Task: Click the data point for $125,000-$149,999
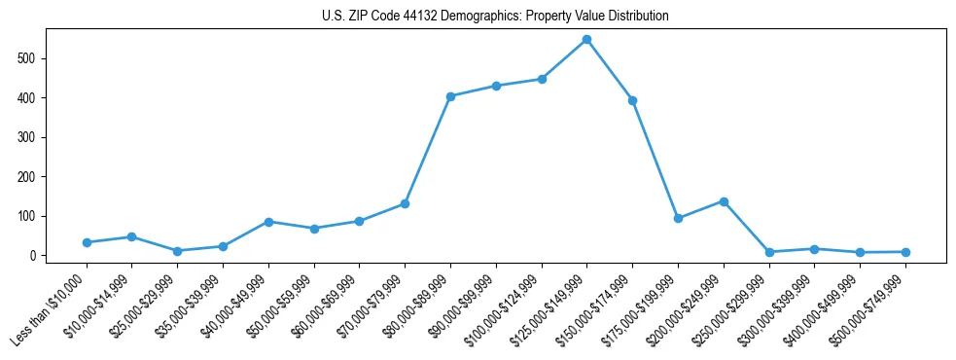(x=587, y=40)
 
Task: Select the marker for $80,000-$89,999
(x=450, y=96)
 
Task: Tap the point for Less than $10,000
(x=87, y=242)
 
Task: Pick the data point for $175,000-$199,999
(x=678, y=218)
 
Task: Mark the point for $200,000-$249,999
(x=724, y=201)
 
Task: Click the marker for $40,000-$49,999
(x=268, y=222)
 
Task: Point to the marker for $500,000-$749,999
(x=905, y=252)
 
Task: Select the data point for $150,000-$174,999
(x=633, y=100)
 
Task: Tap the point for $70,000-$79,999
(x=405, y=203)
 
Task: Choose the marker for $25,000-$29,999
(x=177, y=251)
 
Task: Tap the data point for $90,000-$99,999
(x=496, y=86)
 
